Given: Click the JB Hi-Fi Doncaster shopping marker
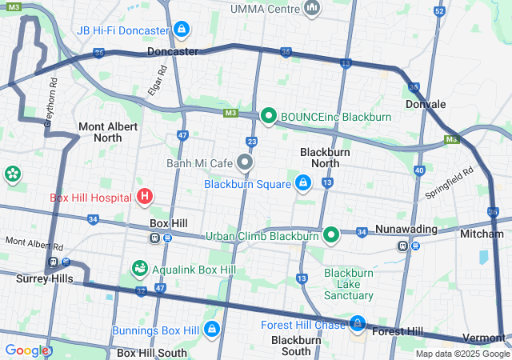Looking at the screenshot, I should click(x=182, y=30).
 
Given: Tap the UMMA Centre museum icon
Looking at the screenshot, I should click(x=312, y=9).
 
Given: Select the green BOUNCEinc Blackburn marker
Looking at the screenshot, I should click(x=268, y=117).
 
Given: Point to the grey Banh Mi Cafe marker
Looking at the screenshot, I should click(x=246, y=163).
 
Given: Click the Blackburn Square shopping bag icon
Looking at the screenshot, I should click(x=303, y=184).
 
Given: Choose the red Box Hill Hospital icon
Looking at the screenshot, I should click(x=145, y=196).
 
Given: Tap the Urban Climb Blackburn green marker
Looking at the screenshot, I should click(x=332, y=236).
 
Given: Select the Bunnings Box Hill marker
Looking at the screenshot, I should click(x=212, y=330).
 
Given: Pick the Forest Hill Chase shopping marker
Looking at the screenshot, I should click(x=358, y=324).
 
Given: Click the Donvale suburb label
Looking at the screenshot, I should click(x=426, y=104).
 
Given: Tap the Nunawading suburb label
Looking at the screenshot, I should click(x=406, y=230).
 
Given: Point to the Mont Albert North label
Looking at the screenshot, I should click(x=100, y=132).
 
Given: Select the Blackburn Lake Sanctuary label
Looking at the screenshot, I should click(x=349, y=283).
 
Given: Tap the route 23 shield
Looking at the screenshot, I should click(x=252, y=142).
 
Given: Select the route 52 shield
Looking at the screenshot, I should click(x=438, y=11).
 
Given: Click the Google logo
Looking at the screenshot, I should click(x=26, y=350).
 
